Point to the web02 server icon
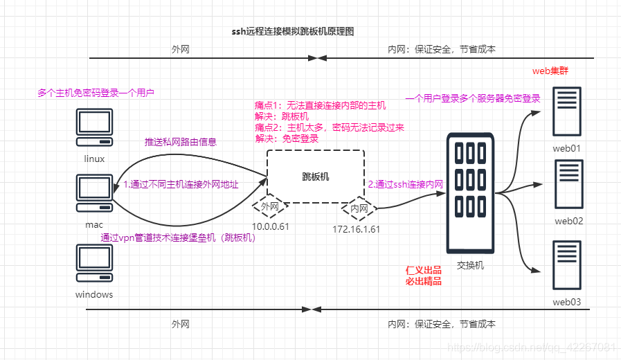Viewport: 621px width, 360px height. (568, 185)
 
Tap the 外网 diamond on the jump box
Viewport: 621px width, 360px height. (269, 206)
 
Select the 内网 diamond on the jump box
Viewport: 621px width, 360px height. (359, 207)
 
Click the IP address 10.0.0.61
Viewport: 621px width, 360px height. (269, 227)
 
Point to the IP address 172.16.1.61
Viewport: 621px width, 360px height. (356, 229)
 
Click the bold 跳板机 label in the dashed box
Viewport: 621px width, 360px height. (316, 177)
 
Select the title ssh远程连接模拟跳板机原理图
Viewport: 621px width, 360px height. (294, 32)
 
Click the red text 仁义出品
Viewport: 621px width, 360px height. (423, 270)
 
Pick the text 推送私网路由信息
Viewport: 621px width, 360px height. (181, 142)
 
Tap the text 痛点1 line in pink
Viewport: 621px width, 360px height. (320, 105)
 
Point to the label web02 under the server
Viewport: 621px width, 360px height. (568, 221)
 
